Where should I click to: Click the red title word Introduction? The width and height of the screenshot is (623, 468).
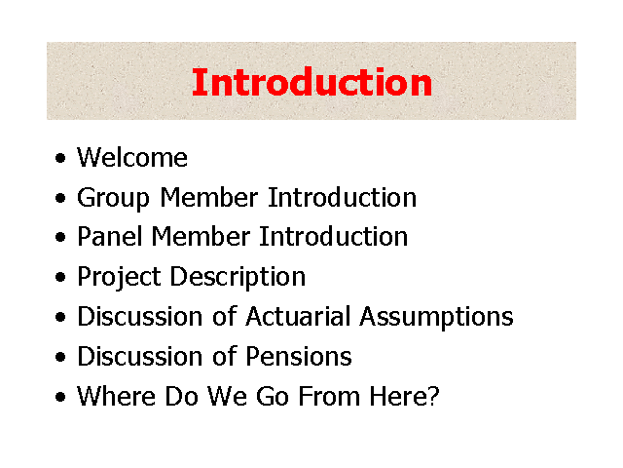pos(311,82)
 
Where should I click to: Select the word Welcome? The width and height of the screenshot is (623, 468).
pos(132,158)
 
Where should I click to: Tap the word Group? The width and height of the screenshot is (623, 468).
pos(113,199)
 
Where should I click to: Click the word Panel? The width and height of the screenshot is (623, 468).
pos(110,236)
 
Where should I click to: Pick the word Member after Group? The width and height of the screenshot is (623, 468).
pos(209,197)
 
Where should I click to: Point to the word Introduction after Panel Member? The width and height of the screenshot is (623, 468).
pos(333,236)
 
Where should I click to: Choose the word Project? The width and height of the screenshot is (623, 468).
pos(119,278)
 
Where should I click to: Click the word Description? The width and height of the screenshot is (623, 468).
pos(238,278)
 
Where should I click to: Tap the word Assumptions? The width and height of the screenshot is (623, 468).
pos(437,318)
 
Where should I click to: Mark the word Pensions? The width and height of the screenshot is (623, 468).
pos(299,356)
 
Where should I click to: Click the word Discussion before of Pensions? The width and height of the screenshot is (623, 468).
pos(140,356)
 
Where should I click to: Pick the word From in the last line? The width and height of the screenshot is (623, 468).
pos(329,396)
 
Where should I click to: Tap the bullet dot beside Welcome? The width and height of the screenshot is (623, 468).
pos(60,158)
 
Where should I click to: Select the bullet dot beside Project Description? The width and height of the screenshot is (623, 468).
pos(60,277)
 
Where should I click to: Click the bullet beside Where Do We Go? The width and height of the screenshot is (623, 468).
pos(60,397)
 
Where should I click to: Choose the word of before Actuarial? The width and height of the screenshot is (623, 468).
pos(225,316)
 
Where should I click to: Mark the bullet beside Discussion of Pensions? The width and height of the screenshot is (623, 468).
pos(60,357)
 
